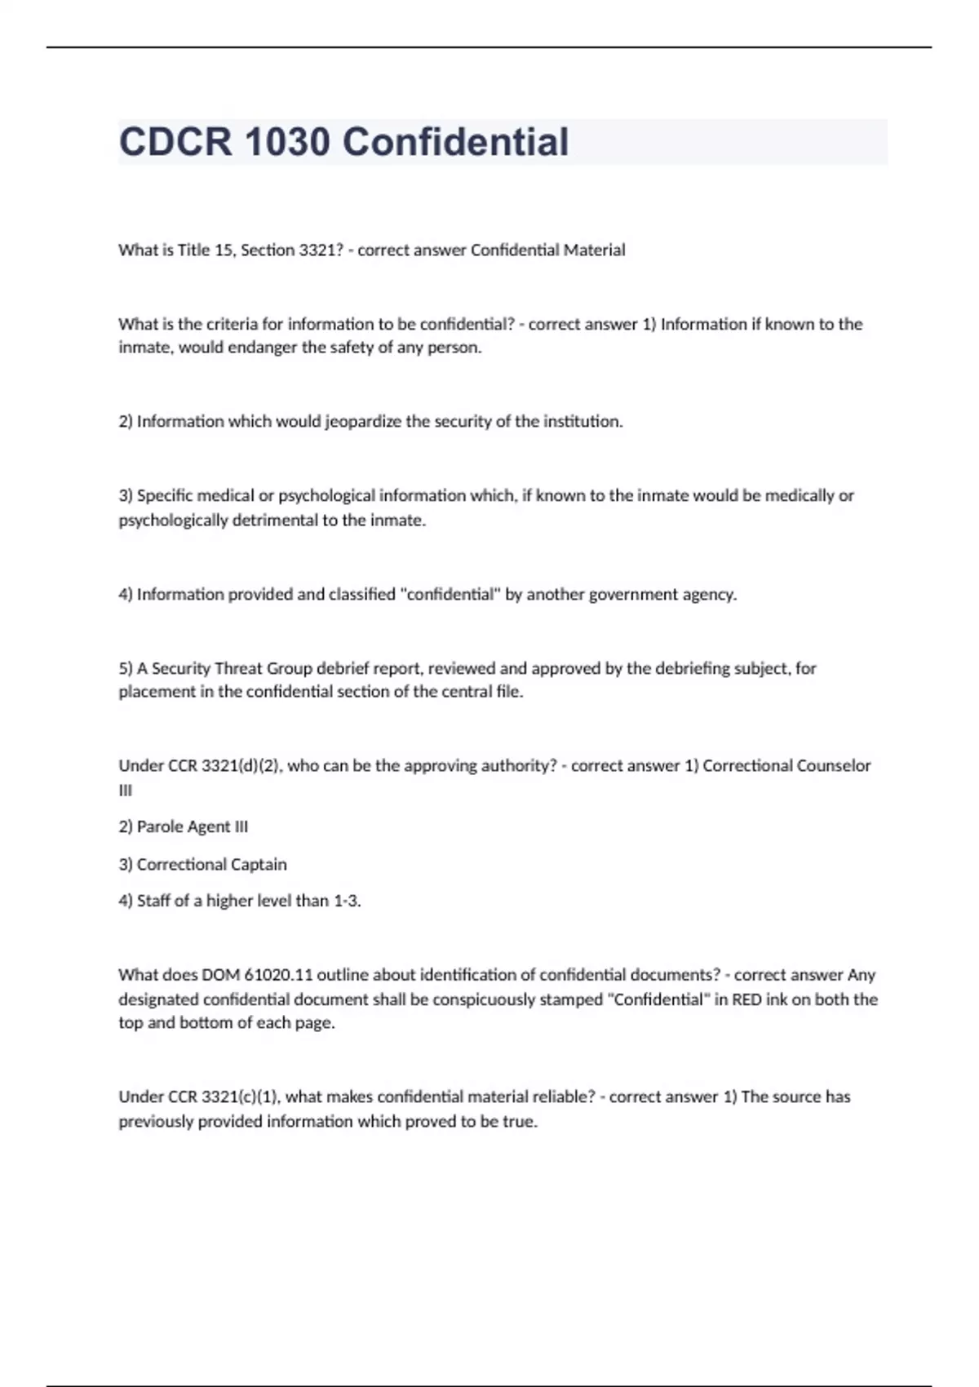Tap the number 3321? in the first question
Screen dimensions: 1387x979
(316, 250)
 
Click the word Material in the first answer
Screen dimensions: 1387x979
(594, 250)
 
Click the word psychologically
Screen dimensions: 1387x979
(173, 521)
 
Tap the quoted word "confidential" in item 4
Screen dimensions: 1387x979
(450, 595)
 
